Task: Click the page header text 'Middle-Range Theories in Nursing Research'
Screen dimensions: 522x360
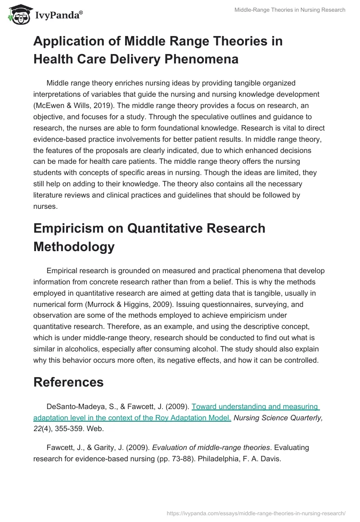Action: point(290,10)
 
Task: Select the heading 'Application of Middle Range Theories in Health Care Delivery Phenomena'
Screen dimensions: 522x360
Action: point(158,50)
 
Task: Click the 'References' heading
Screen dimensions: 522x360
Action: point(68,382)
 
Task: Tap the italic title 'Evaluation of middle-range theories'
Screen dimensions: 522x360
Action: point(211,448)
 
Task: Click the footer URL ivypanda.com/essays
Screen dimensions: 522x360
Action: point(256,513)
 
